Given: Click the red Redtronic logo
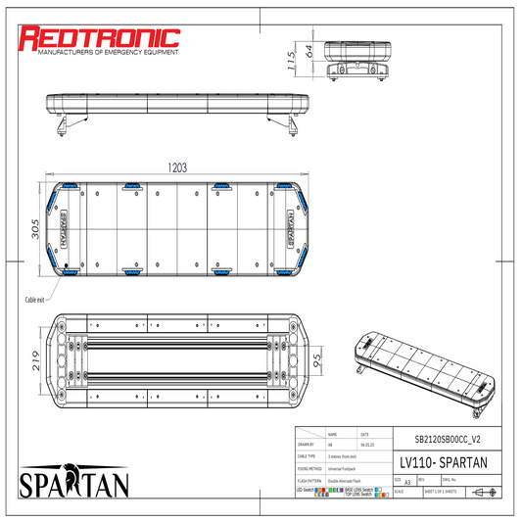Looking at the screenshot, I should tap(100, 37).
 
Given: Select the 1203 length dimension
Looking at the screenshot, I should tap(176, 167).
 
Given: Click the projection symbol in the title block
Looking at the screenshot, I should tap(483, 492).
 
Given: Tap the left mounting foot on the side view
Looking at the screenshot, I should tap(63, 126).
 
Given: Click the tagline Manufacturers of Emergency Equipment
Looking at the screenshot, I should tap(100, 54).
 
